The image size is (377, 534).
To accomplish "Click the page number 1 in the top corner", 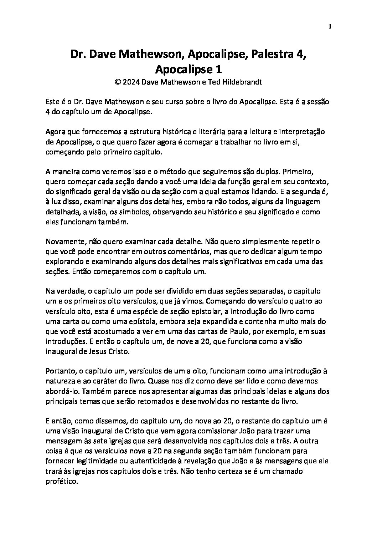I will tap(330, 26).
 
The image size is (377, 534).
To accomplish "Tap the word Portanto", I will tap(61, 371).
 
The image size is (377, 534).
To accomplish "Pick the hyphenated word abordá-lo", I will tap(61, 391).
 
